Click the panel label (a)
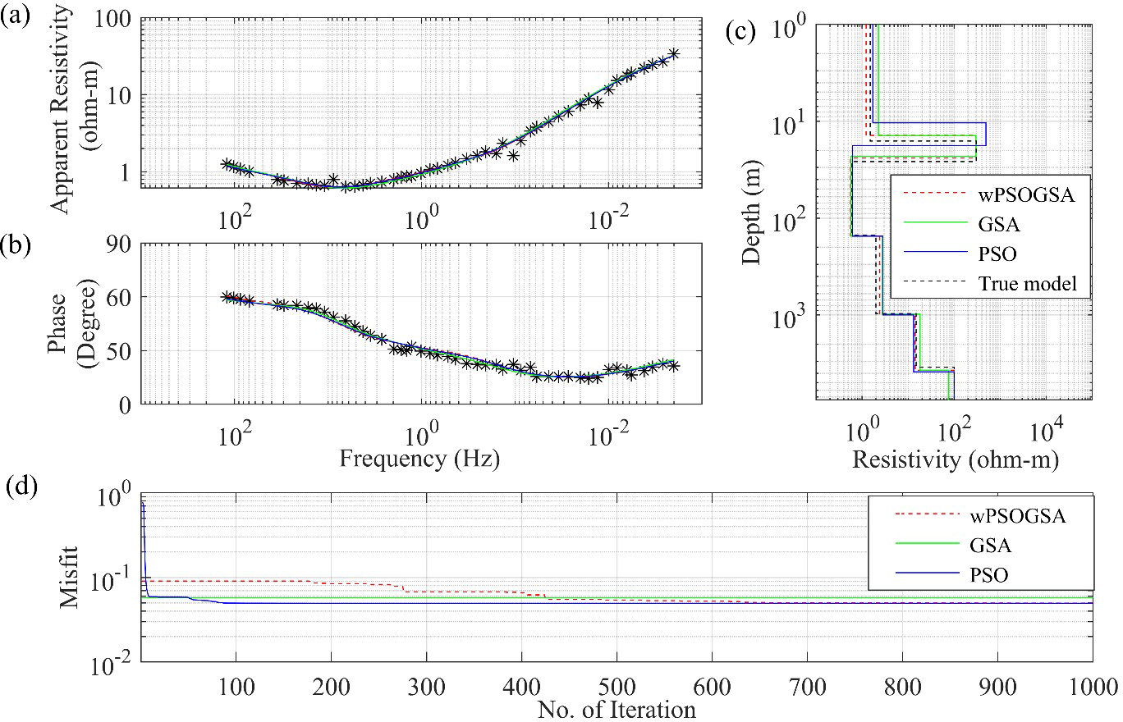tap(17, 16)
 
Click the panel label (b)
tap(17, 245)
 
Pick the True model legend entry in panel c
tap(1033, 285)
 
